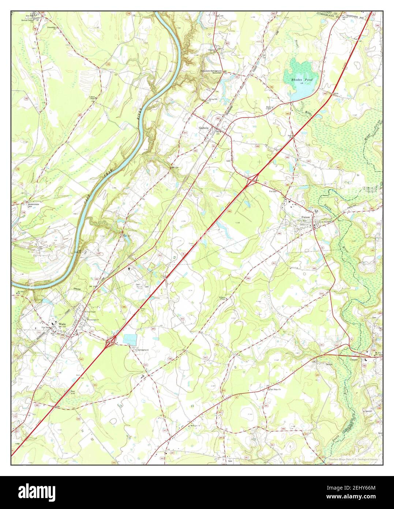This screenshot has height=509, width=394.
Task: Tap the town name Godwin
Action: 203,128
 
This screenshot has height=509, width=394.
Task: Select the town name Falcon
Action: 306,217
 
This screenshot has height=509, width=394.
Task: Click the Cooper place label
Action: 353,360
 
